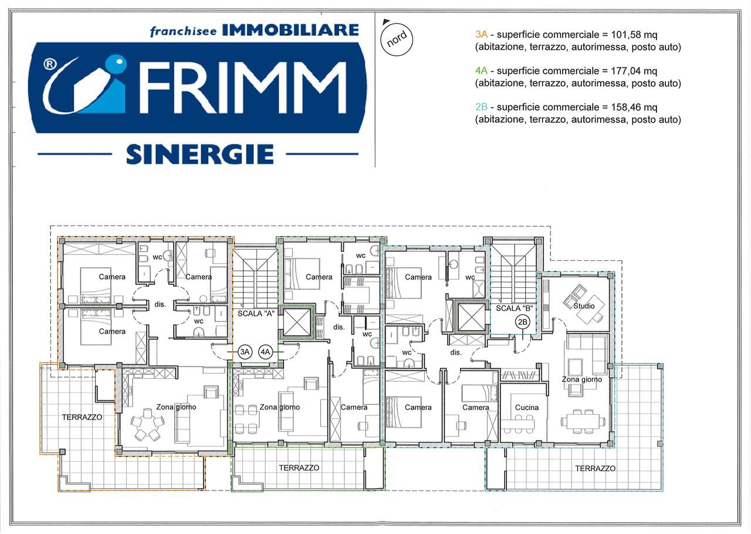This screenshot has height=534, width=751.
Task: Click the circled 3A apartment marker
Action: point(245,352)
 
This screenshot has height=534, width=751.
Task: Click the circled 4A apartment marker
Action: point(265,352)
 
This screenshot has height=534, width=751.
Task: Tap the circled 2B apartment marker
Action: point(523,322)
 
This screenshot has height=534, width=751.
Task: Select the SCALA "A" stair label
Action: point(256,314)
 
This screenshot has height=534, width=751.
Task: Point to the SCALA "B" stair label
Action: point(515,308)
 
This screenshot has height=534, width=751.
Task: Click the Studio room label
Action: point(584,305)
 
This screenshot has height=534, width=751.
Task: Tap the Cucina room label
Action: point(527,408)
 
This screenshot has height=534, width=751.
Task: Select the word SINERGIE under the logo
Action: point(200,155)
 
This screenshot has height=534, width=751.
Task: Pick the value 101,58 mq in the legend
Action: point(634,35)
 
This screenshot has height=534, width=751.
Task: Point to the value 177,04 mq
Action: point(634,71)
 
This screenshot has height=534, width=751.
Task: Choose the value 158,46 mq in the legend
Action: point(634,107)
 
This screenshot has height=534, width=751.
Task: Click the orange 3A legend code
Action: point(482,35)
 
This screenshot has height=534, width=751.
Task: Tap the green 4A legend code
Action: point(482,71)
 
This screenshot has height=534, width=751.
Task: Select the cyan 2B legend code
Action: point(482,107)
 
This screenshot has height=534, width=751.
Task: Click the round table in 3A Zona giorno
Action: point(148,425)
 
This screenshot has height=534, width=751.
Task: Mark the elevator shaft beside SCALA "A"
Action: point(297,323)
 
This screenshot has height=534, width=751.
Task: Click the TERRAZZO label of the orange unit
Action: point(82,417)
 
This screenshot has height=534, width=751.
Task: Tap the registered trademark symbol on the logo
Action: point(50,64)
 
